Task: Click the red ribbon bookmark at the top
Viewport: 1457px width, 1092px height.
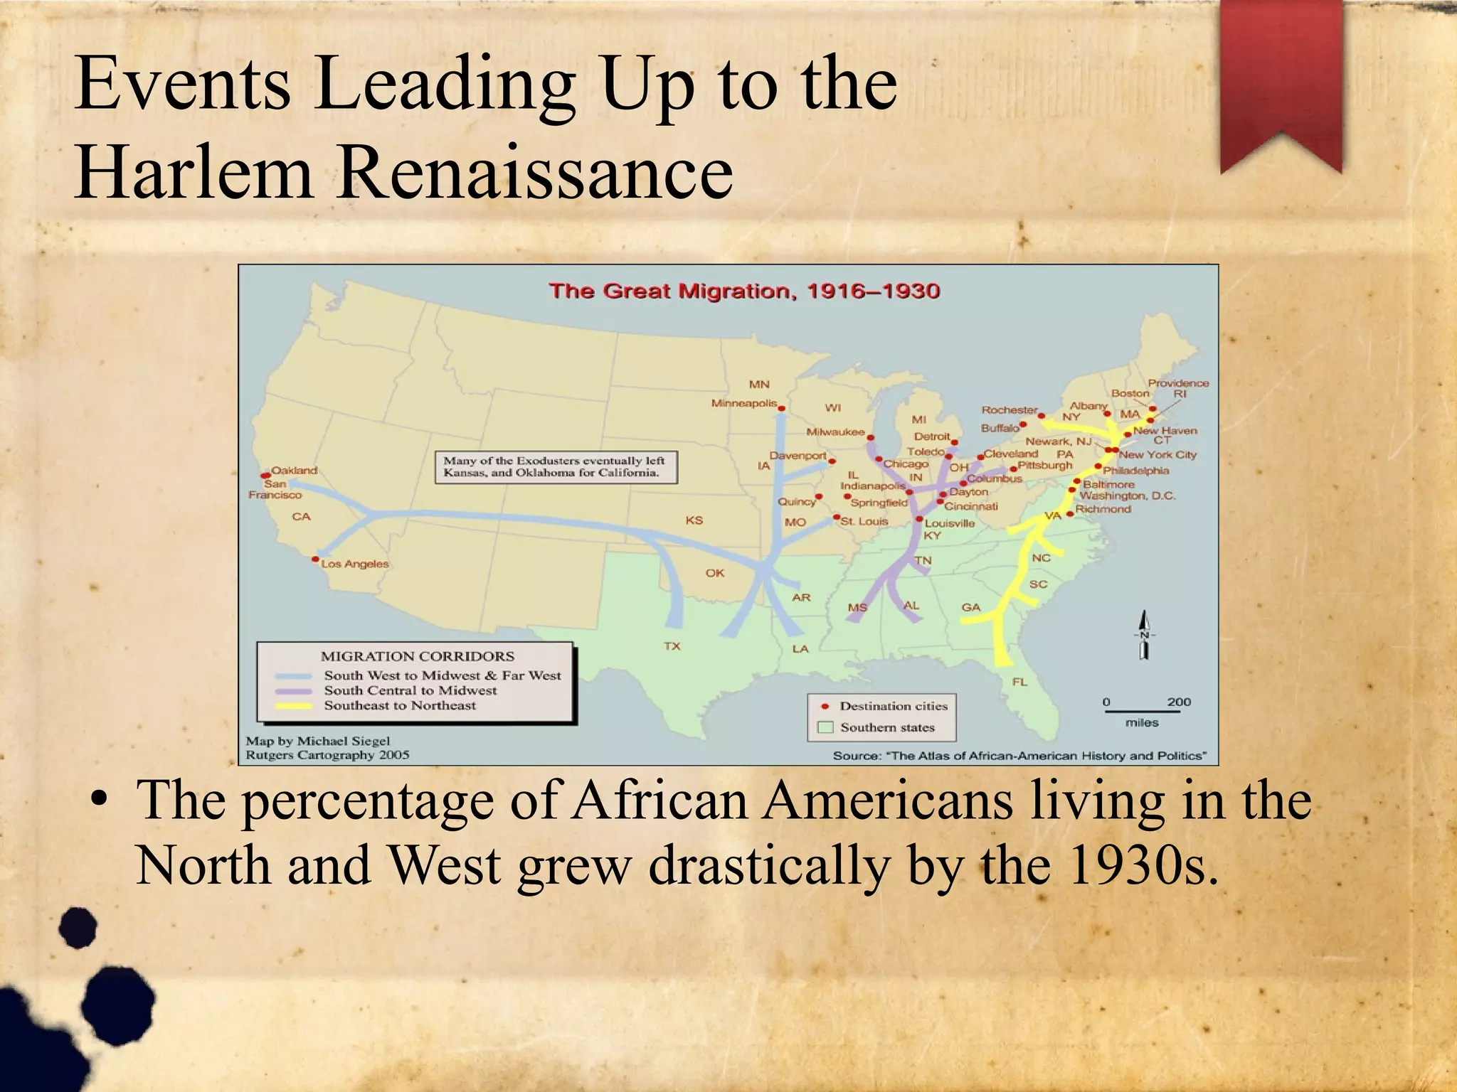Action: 1281,78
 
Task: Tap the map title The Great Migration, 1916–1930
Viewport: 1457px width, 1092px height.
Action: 744,291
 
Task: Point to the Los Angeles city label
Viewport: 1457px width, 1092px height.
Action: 355,564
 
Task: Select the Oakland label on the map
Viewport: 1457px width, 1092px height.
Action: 295,470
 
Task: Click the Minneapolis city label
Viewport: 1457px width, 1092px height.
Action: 744,403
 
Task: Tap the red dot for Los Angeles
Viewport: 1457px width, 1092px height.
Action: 315,560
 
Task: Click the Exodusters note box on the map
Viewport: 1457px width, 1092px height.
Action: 556,467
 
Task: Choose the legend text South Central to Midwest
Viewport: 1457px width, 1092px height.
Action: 410,690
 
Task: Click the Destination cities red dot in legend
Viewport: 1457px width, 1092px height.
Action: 825,706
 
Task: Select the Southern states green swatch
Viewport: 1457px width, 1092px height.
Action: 825,727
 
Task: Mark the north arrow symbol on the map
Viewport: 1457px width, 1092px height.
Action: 1144,635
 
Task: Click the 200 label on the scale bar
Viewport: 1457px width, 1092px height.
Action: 1179,702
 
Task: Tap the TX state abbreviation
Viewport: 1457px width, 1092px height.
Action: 672,646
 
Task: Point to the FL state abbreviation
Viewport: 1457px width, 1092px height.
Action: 1019,682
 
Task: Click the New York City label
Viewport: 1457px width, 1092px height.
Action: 1157,454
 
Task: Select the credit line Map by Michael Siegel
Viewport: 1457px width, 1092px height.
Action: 318,741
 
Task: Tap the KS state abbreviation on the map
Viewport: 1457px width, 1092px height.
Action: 694,520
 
